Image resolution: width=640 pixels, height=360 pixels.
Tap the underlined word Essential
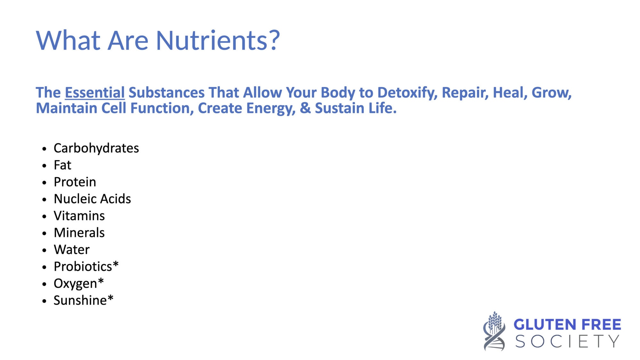pyautogui.click(x=95, y=93)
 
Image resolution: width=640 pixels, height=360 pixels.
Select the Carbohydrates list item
pyautogui.click(x=96, y=148)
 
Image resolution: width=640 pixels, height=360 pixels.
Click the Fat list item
pyautogui.click(x=62, y=165)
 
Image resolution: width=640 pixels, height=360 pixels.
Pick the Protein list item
pyautogui.click(x=75, y=182)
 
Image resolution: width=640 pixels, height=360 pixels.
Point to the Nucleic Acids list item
pyautogui.click(x=92, y=199)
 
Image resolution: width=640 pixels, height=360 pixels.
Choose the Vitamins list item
pyautogui.click(x=79, y=216)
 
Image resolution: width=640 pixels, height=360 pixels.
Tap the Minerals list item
pyautogui.click(x=79, y=233)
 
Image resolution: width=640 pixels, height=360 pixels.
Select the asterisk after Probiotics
pyautogui.click(x=116, y=264)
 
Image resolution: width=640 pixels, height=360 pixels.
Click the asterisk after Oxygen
pyautogui.click(x=101, y=281)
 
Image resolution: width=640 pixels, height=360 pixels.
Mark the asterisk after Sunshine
pyautogui.click(x=110, y=298)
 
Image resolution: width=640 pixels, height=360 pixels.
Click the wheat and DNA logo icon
pyautogui.click(x=494, y=331)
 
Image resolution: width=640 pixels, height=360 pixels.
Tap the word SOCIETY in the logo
pyautogui.click(x=567, y=341)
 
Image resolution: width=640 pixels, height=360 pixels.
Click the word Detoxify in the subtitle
pyautogui.click(x=407, y=93)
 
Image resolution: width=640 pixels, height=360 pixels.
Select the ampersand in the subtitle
pyautogui.click(x=305, y=108)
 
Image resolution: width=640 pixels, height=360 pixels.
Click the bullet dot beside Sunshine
pyautogui.click(x=44, y=301)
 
